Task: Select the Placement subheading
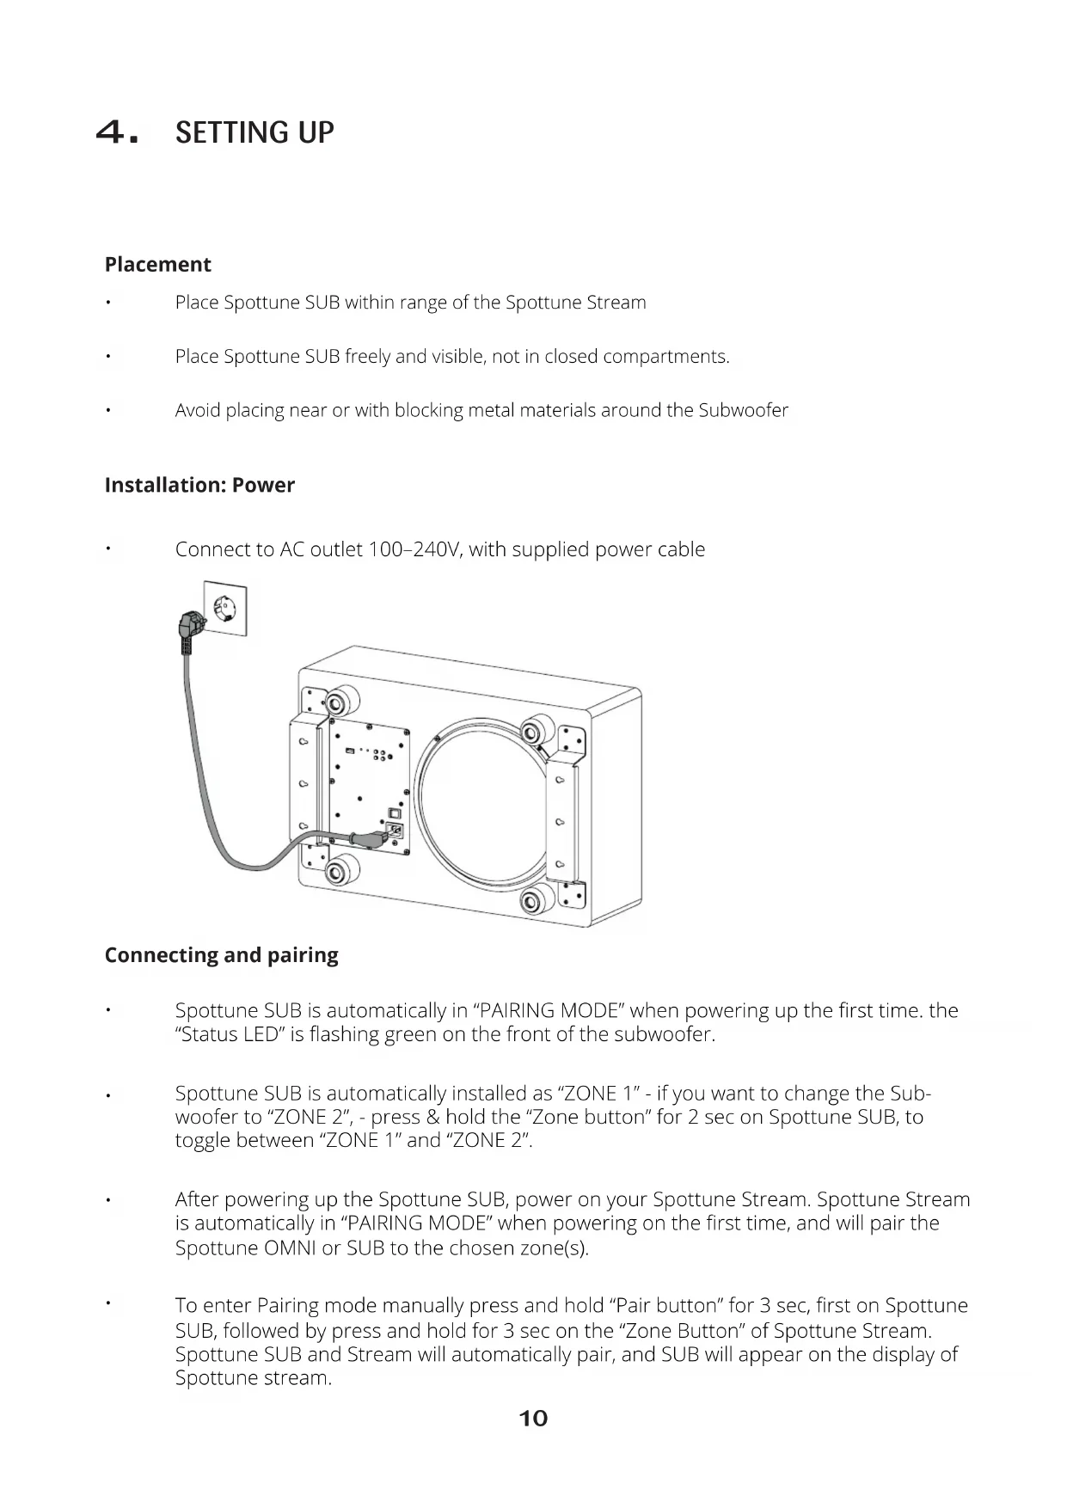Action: pos(157,264)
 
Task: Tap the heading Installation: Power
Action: pos(199,485)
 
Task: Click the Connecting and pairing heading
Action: pos(221,955)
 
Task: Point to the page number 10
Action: pos(533,1419)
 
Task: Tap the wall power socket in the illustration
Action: pos(225,608)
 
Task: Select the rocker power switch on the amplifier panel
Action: pos(395,811)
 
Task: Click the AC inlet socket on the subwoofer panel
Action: pos(395,831)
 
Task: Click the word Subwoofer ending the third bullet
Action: pos(743,410)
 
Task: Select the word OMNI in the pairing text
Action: pos(290,1247)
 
